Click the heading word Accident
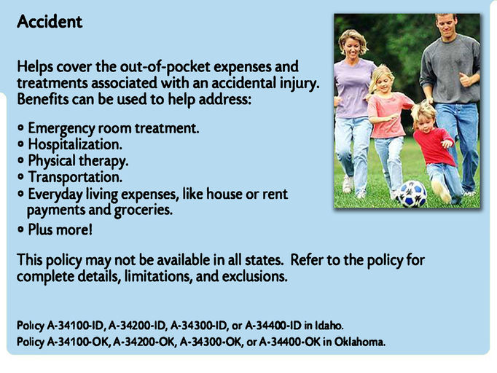(50, 22)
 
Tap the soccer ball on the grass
(412, 194)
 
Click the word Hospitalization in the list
(75, 145)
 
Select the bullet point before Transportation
(21, 176)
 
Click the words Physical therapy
(78, 161)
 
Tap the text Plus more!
(60, 229)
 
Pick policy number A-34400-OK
(290, 342)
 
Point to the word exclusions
(254, 276)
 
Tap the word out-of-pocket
(165, 67)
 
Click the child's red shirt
(433, 146)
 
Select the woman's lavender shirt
(353, 89)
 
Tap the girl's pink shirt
(389, 114)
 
